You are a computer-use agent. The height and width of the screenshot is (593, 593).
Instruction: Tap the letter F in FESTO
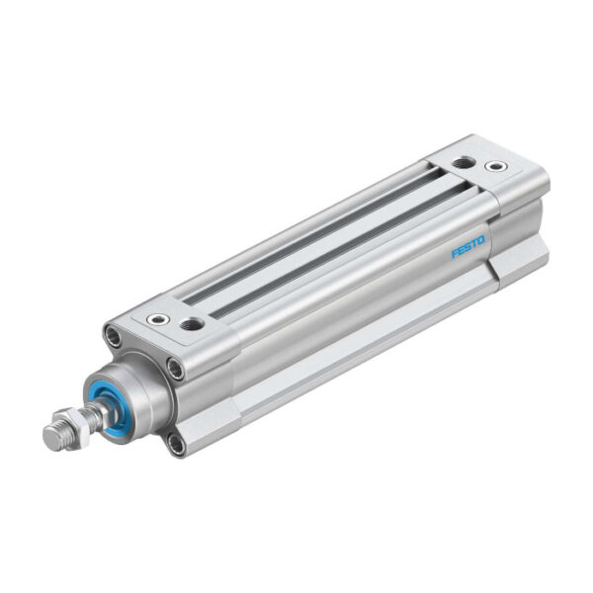(457, 254)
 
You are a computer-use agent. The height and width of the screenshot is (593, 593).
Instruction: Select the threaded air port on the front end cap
(193, 323)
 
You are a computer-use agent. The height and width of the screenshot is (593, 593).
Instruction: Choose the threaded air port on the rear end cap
(463, 160)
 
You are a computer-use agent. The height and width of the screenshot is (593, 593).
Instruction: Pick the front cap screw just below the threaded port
(175, 370)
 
